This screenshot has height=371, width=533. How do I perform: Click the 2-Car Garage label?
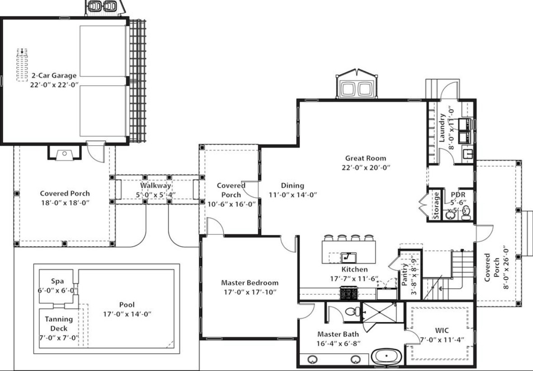coord(54,76)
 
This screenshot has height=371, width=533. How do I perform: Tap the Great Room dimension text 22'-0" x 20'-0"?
coord(366,167)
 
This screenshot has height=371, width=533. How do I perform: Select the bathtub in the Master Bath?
coord(387,357)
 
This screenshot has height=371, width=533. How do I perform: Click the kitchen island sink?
coord(348,257)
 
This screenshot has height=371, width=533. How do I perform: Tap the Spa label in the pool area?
coord(57,281)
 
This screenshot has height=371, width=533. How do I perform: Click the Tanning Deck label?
coord(59,323)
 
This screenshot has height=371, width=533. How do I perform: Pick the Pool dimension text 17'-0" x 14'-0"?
coord(127,314)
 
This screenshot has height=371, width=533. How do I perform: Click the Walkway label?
coord(155,185)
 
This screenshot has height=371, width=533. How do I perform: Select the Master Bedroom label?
coord(249,283)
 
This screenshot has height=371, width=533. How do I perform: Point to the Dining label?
coord(292,185)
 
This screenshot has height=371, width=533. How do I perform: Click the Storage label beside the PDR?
coord(436,205)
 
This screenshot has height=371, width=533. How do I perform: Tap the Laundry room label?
coord(442,128)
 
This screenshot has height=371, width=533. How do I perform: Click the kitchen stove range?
coord(349,294)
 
